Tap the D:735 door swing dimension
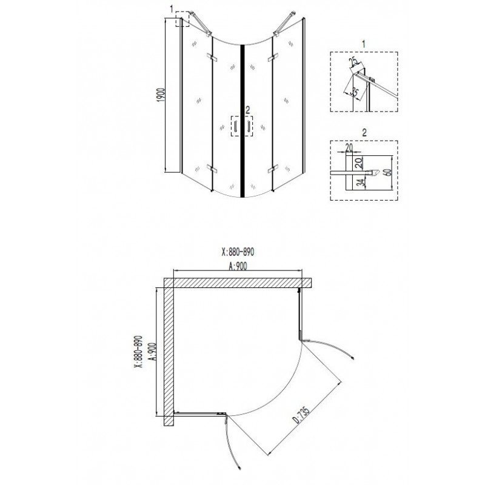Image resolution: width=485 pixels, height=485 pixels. point(301,415)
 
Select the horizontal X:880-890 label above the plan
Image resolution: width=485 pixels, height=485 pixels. point(238,252)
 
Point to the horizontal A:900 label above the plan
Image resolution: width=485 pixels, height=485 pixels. point(238,266)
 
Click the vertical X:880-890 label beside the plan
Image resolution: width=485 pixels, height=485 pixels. point(138,352)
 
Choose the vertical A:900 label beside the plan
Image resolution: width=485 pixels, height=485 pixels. point(152,352)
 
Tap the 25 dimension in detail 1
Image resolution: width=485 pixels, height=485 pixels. point(354,62)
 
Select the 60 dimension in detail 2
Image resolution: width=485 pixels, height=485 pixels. point(388,172)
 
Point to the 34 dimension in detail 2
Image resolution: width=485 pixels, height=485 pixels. point(359,183)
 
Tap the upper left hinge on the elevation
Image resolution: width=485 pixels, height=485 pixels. point(212,57)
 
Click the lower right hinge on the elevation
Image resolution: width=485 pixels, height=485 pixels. point(272,169)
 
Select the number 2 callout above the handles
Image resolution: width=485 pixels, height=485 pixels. point(247,110)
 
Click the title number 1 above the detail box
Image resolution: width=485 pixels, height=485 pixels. point(364,44)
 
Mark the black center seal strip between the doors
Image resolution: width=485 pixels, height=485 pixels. point(242,121)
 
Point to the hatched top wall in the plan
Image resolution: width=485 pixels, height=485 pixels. point(238,283)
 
